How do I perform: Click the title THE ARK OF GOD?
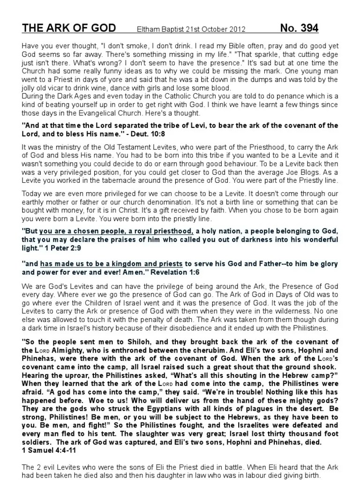click(x=68, y=29)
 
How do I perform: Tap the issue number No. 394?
click(x=299, y=29)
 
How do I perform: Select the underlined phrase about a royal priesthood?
click(x=117, y=231)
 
